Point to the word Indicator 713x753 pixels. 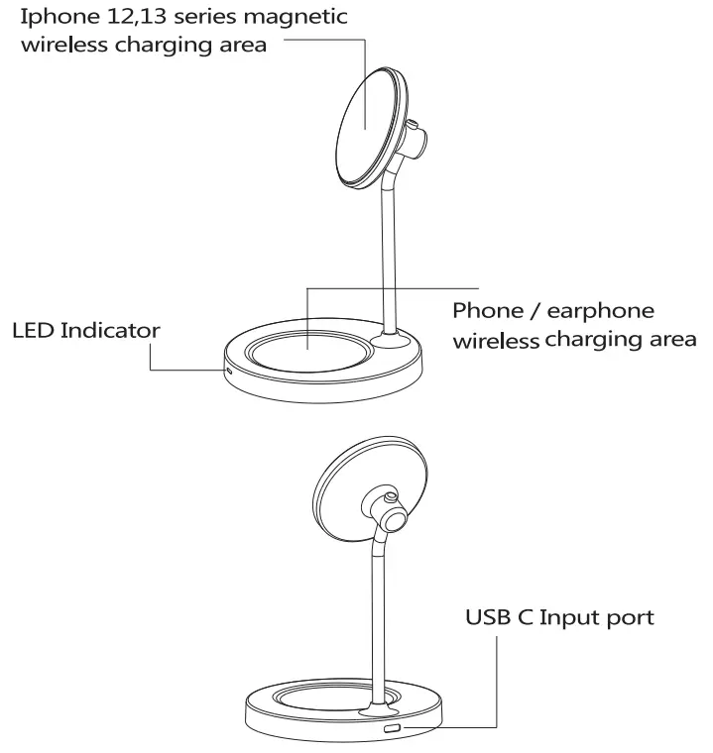110,330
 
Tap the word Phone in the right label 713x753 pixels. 485,310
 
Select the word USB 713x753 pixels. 489,617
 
